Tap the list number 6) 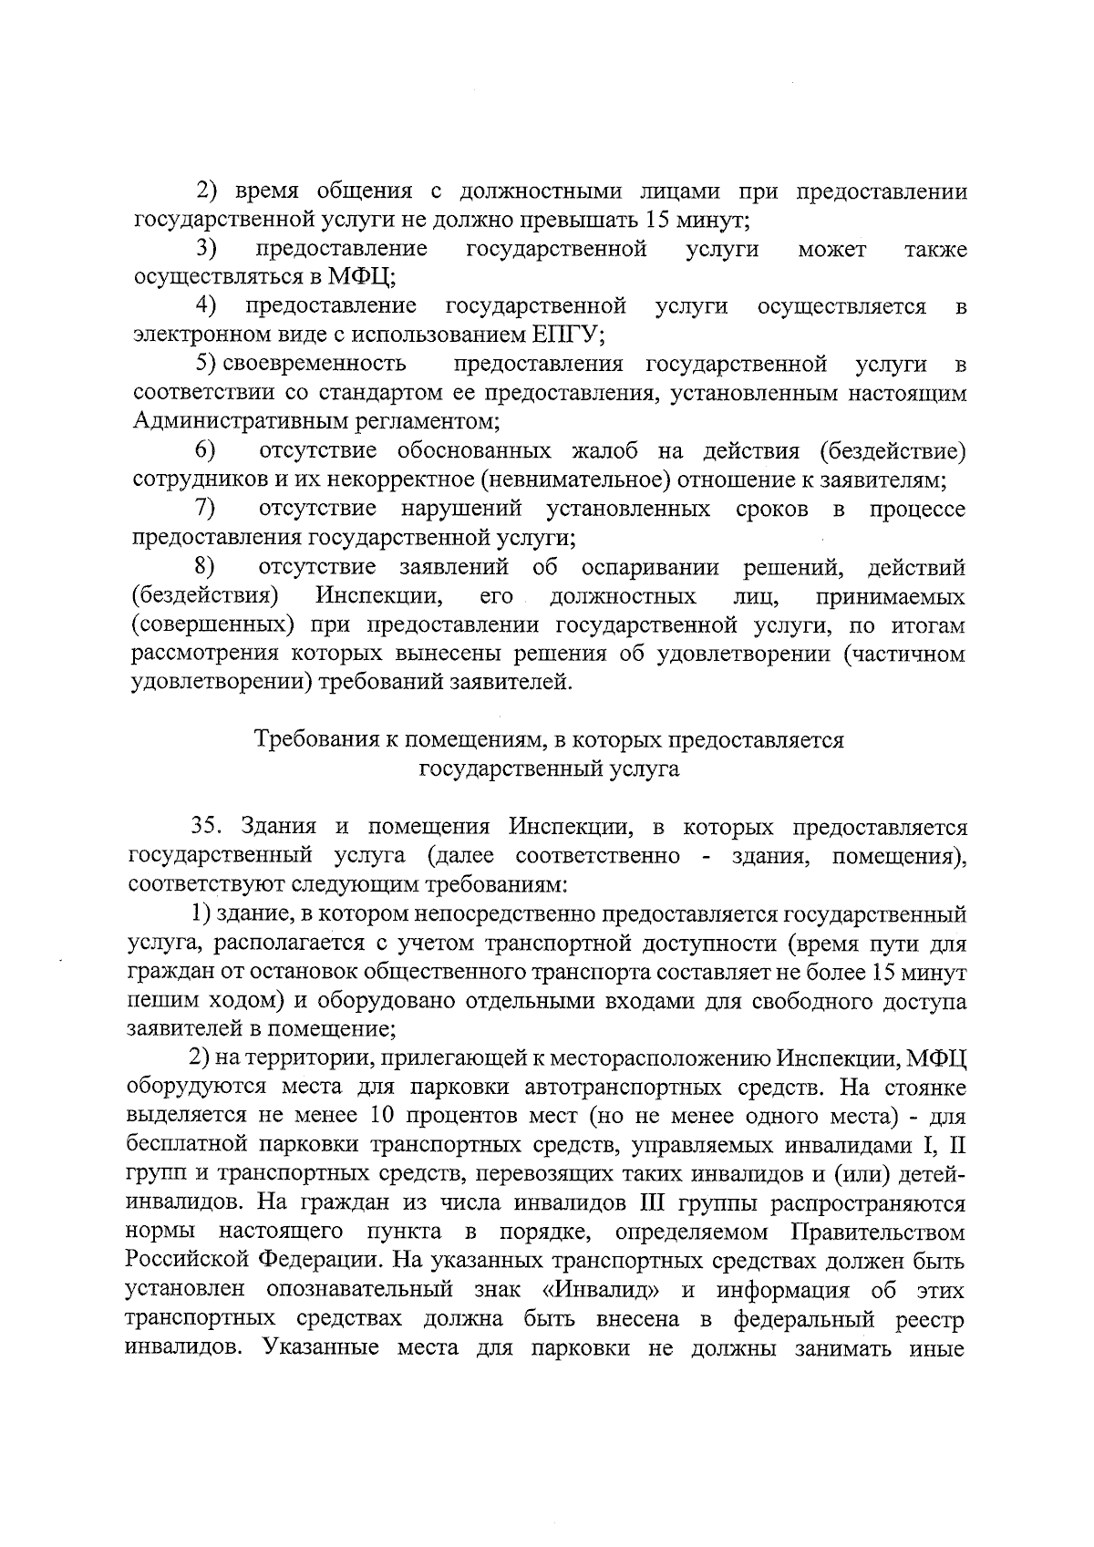coord(205,450)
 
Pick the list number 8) coord(205,567)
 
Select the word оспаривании coord(651,567)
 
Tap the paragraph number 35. coord(207,827)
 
